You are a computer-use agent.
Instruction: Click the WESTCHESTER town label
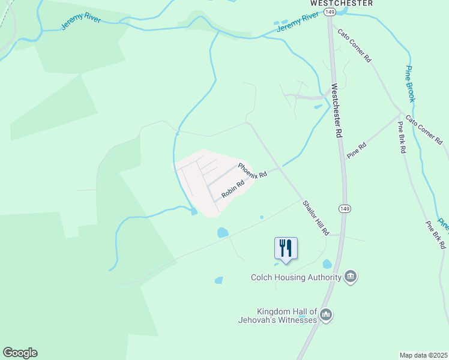[x=341, y=3]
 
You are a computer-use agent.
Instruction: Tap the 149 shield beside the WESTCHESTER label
[x=329, y=11]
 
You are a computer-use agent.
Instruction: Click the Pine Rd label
[x=356, y=150]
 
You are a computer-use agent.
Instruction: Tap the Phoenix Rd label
[x=252, y=170]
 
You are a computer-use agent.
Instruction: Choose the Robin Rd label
[x=232, y=190]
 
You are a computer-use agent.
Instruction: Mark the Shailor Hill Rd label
[x=316, y=217]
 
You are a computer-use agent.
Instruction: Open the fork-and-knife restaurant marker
[x=286, y=248]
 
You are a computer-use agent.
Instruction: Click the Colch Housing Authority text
[x=296, y=277]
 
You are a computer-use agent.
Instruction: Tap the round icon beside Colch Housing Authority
[x=351, y=277]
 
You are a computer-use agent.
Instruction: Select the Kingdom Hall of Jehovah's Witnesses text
[x=286, y=316]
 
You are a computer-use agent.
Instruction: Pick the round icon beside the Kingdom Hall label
[x=326, y=314]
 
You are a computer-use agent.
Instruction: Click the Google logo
[x=20, y=353]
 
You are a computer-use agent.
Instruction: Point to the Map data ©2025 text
[x=423, y=355]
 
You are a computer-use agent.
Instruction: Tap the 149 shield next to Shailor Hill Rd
[x=344, y=208]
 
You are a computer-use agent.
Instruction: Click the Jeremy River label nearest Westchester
[x=297, y=24]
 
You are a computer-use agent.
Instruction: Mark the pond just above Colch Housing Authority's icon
[x=327, y=263]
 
